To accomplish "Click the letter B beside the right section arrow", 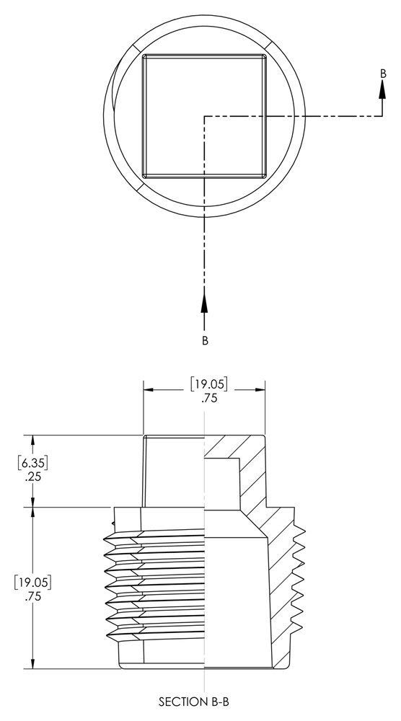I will click(383, 74).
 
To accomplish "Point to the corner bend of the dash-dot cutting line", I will click(205, 115).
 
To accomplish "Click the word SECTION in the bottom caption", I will click(179, 700).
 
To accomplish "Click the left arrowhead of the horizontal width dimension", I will click(149, 390).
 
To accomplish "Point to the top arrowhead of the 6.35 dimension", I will click(32, 440).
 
